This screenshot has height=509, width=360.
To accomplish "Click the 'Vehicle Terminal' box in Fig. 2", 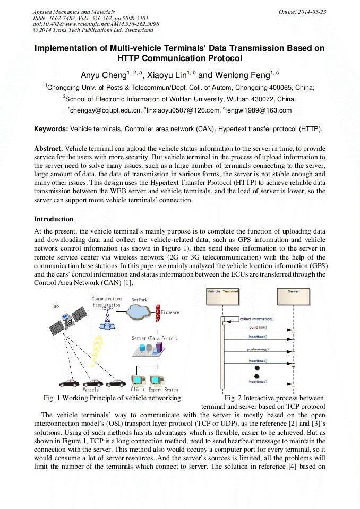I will point(222,292).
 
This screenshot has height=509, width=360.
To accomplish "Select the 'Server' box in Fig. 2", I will point(293,292).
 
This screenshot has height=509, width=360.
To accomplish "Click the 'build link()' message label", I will point(258,327).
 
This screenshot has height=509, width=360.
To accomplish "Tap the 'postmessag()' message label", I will point(258,349).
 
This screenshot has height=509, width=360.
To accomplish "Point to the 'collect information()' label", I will point(256,319).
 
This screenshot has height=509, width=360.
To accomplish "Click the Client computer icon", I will point(138,381).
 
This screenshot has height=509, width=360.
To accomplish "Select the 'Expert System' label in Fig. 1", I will point(163,390).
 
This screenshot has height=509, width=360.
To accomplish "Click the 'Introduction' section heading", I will point(54,219).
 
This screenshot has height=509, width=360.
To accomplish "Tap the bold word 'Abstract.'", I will point(48,148).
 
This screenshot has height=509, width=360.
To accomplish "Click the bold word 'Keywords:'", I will point(51,129).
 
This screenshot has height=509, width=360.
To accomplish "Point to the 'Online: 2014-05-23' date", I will point(302,11).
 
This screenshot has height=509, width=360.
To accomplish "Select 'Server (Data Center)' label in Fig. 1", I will point(155,338).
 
